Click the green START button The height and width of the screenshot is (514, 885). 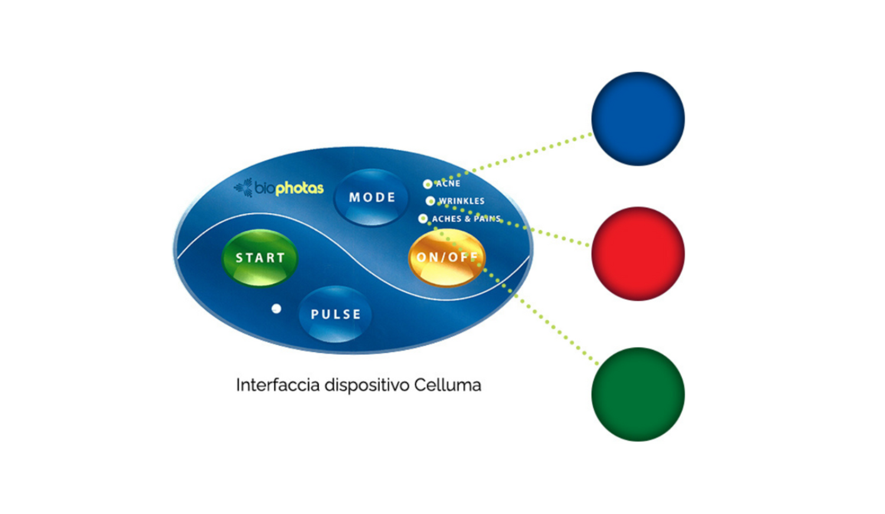click(260, 258)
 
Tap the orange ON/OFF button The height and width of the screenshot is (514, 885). click(447, 257)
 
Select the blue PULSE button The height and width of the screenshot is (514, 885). click(335, 314)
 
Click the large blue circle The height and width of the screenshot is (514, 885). click(638, 119)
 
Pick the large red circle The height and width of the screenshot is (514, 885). click(638, 254)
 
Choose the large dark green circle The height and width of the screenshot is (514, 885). click(638, 394)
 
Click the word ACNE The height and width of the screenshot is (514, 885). click(448, 184)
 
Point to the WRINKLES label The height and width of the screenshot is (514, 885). click(461, 201)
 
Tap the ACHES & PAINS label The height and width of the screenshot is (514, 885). click(466, 219)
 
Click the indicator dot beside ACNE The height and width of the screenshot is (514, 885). click(427, 184)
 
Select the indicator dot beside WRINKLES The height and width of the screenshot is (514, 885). click(430, 201)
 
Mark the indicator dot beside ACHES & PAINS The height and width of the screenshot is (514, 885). click(422, 219)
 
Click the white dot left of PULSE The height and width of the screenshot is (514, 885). click(276, 309)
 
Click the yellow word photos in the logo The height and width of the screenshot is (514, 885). click(300, 188)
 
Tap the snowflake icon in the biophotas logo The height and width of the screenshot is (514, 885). click(244, 187)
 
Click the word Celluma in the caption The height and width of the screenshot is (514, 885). click(447, 385)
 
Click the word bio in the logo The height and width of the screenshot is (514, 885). click(264, 188)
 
